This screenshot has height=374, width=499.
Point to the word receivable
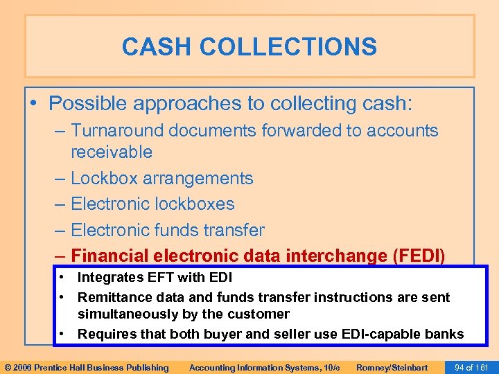pos(112,151)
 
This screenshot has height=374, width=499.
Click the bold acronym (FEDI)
pos(419,256)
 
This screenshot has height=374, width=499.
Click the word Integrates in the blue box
pos(107,278)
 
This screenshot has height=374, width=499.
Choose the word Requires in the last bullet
pos(103,334)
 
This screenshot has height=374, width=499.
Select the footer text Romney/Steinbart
pos(392,367)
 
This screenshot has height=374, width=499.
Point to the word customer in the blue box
pos(260,314)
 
